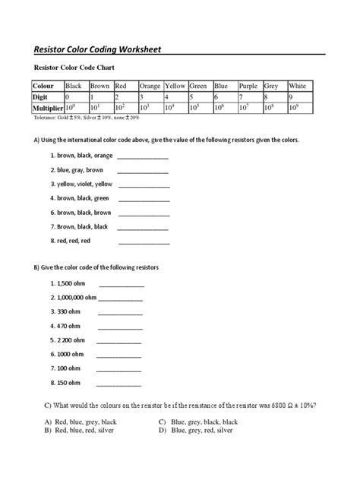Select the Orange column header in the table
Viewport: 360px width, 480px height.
150,86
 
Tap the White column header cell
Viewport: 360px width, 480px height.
297,86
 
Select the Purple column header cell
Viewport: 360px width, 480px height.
249,86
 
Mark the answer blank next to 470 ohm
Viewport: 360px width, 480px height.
120,327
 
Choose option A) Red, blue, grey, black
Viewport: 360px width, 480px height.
80,421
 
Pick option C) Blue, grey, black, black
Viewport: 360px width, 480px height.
198,421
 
